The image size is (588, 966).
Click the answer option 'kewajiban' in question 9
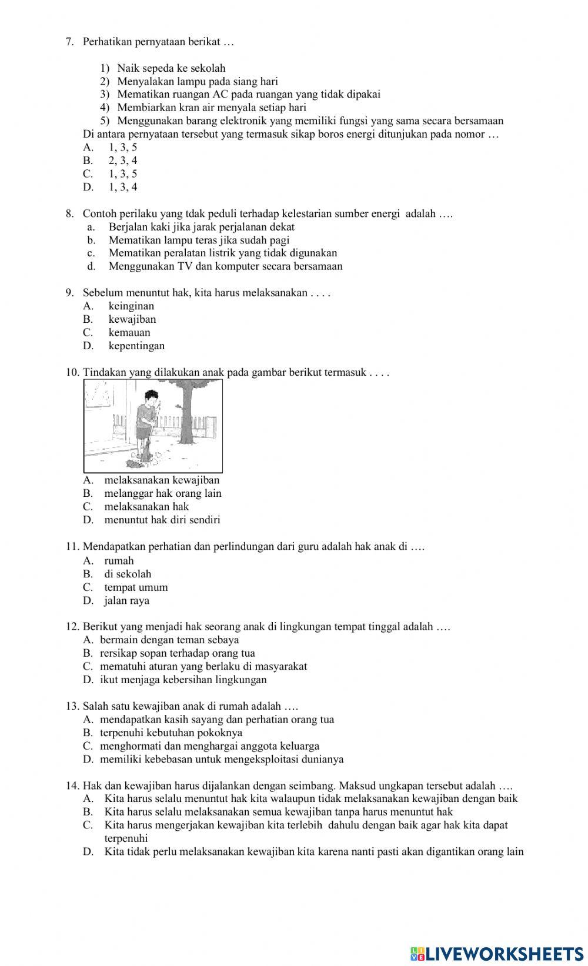tap(132, 319)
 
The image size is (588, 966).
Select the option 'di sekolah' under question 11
tap(128, 574)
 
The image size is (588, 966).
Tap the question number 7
tap(69, 42)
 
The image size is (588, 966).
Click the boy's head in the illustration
tap(151, 396)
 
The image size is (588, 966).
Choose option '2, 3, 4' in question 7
tap(123, 161)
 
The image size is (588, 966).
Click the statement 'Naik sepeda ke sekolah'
tap(171, 68)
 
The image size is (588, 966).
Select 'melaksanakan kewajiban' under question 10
tap(162, 480)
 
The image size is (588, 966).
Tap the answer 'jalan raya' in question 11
tap(126, 600)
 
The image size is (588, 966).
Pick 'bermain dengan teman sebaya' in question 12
tap(169, 640)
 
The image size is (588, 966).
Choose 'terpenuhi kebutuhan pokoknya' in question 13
tap(171, 733)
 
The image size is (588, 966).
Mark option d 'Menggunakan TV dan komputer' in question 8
tap(225, 266)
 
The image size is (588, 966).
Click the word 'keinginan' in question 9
tap(131, 306)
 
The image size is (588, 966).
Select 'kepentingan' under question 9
tap(136, 346)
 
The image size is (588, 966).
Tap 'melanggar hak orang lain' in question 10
tap(163, 493)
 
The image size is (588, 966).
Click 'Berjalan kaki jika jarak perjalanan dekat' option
tap(202, 227)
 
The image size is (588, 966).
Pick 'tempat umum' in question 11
tap(136, 587)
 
